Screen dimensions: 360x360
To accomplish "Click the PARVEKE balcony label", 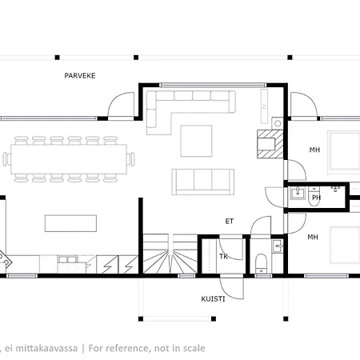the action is [x=80, y=76].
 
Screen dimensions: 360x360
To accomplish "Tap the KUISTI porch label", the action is [x=213, y=299].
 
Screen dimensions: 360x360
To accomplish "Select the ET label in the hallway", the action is [x=230, y=221].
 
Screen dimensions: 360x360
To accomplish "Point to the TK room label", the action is [x=223, y=257].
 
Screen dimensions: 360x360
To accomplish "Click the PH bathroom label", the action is [x=316, y=198].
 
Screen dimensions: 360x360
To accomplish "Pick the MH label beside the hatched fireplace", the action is [x=314, y=150].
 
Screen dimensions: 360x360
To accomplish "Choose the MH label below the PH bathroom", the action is [x=313, y=237].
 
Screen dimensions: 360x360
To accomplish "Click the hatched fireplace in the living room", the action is [x=270, y=144].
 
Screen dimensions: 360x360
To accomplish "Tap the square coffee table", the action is [x=196, y=141].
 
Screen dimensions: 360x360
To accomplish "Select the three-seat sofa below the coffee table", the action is [x=203, y=182].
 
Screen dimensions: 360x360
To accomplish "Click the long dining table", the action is [x=69, y=159].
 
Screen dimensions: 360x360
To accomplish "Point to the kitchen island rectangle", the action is [x=70, y=223].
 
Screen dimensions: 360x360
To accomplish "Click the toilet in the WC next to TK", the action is [x=261, y=263].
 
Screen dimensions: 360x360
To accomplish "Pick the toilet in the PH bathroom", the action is [x=314, y=197].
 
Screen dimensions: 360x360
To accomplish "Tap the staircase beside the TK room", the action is [x=170, y=254].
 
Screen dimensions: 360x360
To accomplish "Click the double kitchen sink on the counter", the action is [x=68, y=259].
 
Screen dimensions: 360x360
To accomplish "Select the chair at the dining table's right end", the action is [x=131, y=159].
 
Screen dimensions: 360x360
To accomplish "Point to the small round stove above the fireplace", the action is [x=278, y=123].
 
